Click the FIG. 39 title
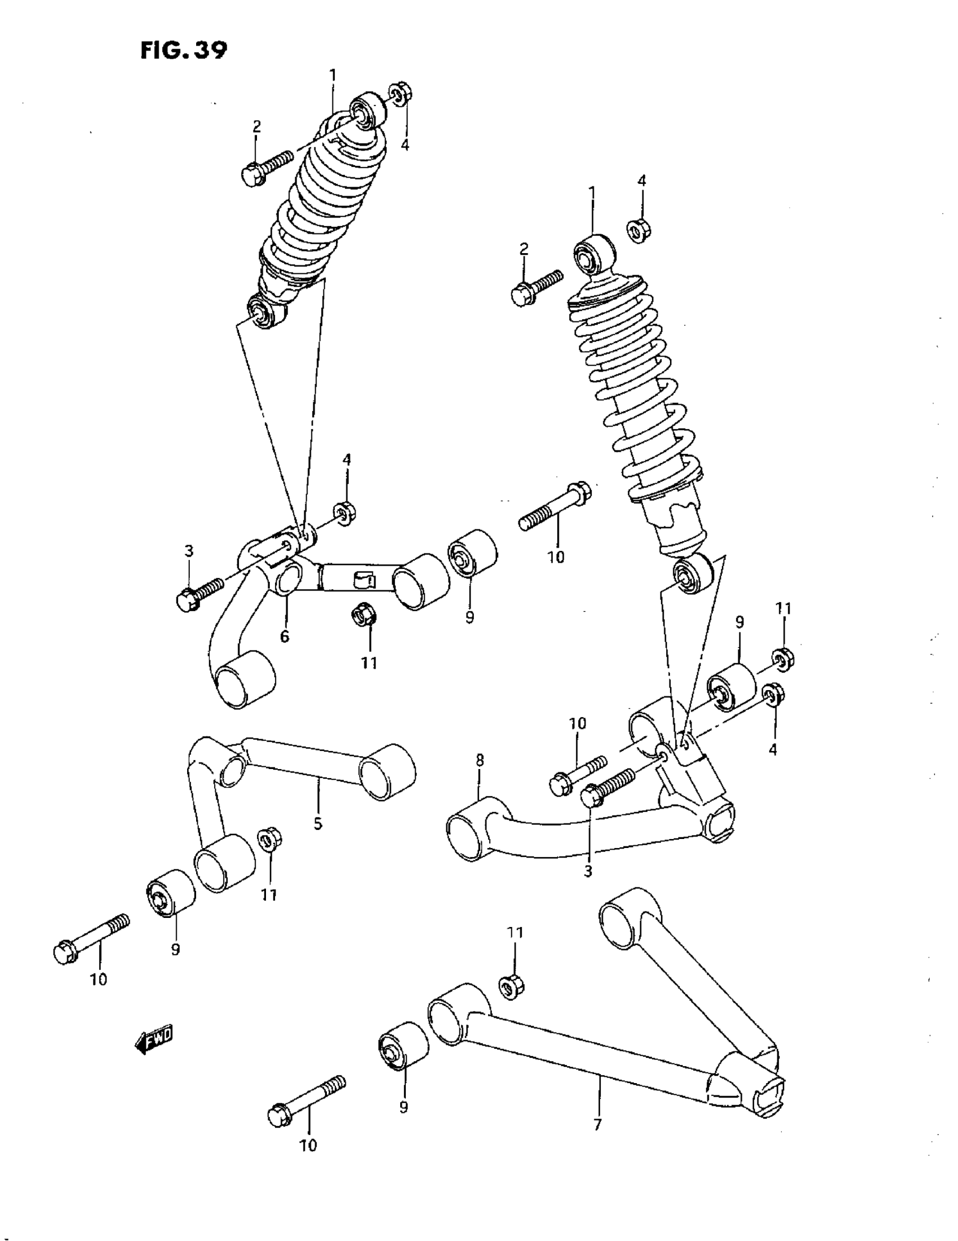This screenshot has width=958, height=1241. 183,50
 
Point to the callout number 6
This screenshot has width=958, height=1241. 285,637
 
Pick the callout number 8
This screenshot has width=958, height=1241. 480,760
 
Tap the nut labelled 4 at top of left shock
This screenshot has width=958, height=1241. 401,94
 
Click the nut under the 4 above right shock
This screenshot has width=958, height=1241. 639,229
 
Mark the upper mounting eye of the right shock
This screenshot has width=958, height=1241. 593,257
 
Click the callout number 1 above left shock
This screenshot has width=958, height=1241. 333,75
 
